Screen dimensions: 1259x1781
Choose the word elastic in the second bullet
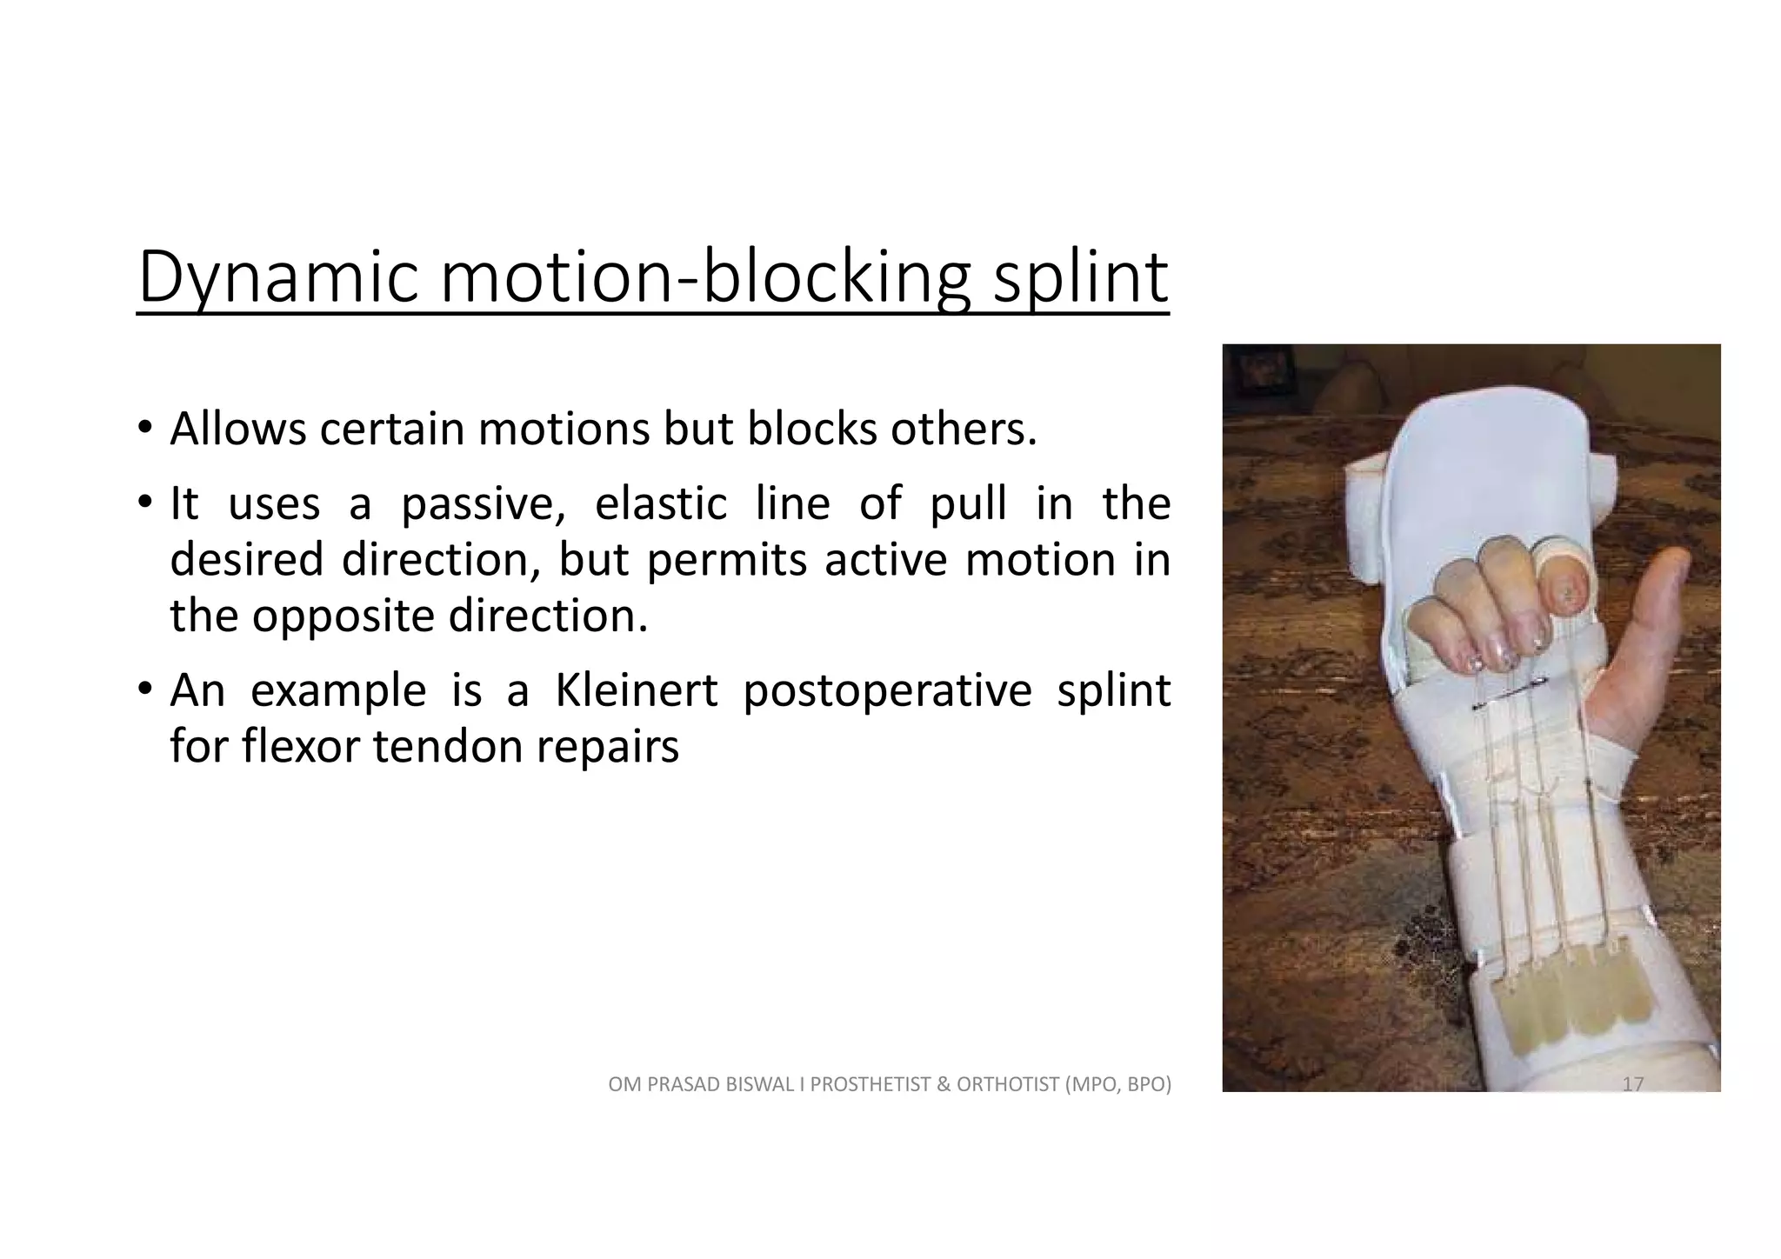tap(661, 504)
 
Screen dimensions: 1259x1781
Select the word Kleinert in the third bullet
tap(637, 690)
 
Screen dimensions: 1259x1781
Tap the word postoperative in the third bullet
tap(887, 690)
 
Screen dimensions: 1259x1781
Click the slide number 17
tap(1632, 1084)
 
